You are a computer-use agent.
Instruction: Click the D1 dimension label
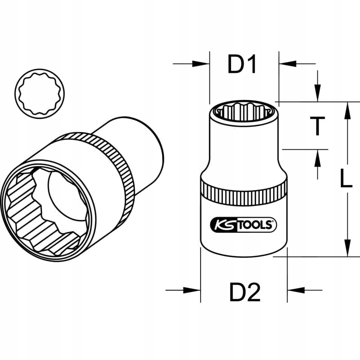[242, 65]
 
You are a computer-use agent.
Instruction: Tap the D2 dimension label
[245, 294]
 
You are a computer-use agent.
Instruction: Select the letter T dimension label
[318, 126]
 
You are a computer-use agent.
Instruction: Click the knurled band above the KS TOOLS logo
[243, 193]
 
